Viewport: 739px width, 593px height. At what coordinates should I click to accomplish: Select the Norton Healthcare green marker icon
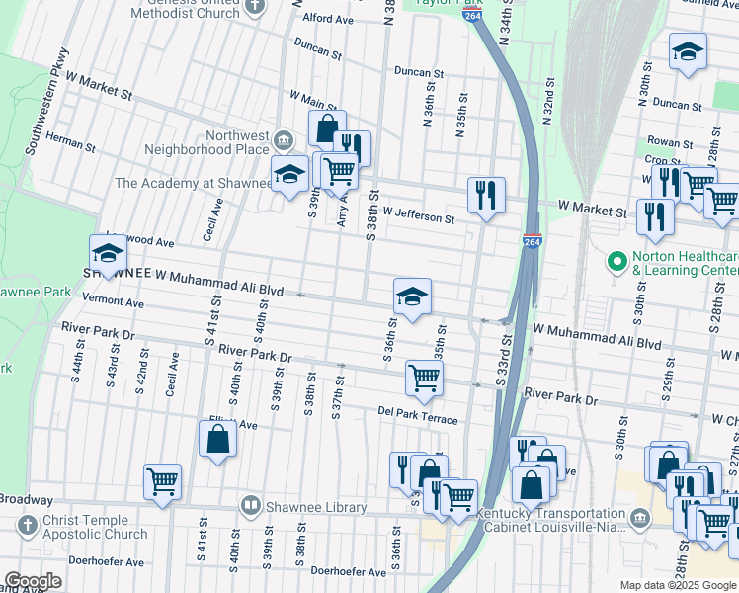point(617,263)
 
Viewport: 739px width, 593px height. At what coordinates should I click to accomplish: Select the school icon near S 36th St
point(412,296)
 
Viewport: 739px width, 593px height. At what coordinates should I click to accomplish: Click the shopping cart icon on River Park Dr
point(424,377)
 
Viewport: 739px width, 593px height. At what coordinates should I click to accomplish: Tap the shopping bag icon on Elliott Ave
point(218,438)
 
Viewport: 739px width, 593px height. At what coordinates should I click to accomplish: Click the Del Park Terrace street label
point(417,413)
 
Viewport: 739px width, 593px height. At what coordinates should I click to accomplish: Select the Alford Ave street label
point(329,19)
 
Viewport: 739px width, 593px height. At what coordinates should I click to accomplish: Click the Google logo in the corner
point(32,581)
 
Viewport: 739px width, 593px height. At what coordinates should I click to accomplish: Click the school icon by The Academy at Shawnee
point(288,175)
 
